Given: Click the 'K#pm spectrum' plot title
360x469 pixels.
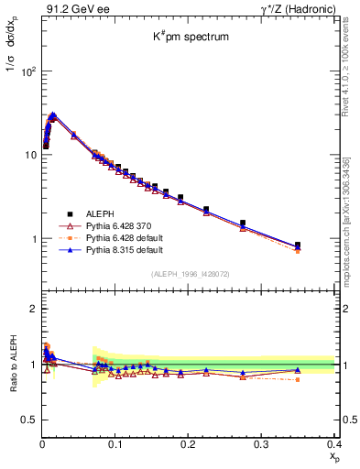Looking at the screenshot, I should pyautogui.click(x=190, y=38).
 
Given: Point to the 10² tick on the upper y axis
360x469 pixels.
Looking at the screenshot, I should pyautogui.click(x=27, y=71).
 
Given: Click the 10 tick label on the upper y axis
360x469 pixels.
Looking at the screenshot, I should pyautogui.click(x=30, y=155).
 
